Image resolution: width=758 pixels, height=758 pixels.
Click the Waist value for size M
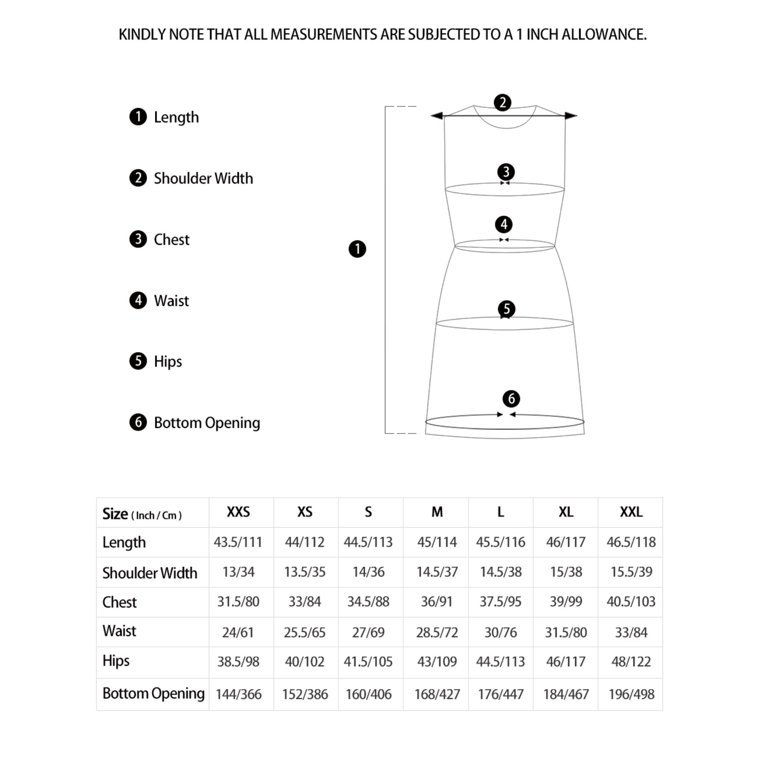click(x=437, y=633)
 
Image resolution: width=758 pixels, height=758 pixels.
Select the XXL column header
click(x=631, y=512)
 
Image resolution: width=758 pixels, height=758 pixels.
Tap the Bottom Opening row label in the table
click(x=153, y=693)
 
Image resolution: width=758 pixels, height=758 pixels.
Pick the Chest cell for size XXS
click(x=238, y=601)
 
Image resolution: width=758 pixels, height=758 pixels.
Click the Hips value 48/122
click(x=631, y=661)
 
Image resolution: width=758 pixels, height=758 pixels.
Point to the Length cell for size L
click(x=500, y=542)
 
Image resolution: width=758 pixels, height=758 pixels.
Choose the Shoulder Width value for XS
click(x=304, y=572)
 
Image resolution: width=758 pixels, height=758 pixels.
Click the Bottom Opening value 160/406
click(x=368, y=694)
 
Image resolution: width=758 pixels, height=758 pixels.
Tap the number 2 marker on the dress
click(x=502, y=103)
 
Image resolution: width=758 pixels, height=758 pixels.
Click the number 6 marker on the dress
click(x=511, y=399)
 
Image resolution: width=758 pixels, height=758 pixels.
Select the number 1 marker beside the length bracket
click(x=357, y=249)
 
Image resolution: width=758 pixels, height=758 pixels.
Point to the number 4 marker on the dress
click(x=504, y=224)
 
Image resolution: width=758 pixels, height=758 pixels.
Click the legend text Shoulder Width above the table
click(x=203, y=179)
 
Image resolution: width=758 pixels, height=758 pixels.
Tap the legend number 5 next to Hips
click(x=138, y=361)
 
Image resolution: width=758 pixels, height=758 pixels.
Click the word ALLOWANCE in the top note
click(x=604, y=34)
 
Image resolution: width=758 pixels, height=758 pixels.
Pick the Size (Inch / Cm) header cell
click(x=142, y=514)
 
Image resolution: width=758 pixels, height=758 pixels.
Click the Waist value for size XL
click(x=566, y=633)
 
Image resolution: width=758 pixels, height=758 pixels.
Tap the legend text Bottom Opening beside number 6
click(x=207, y=423)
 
